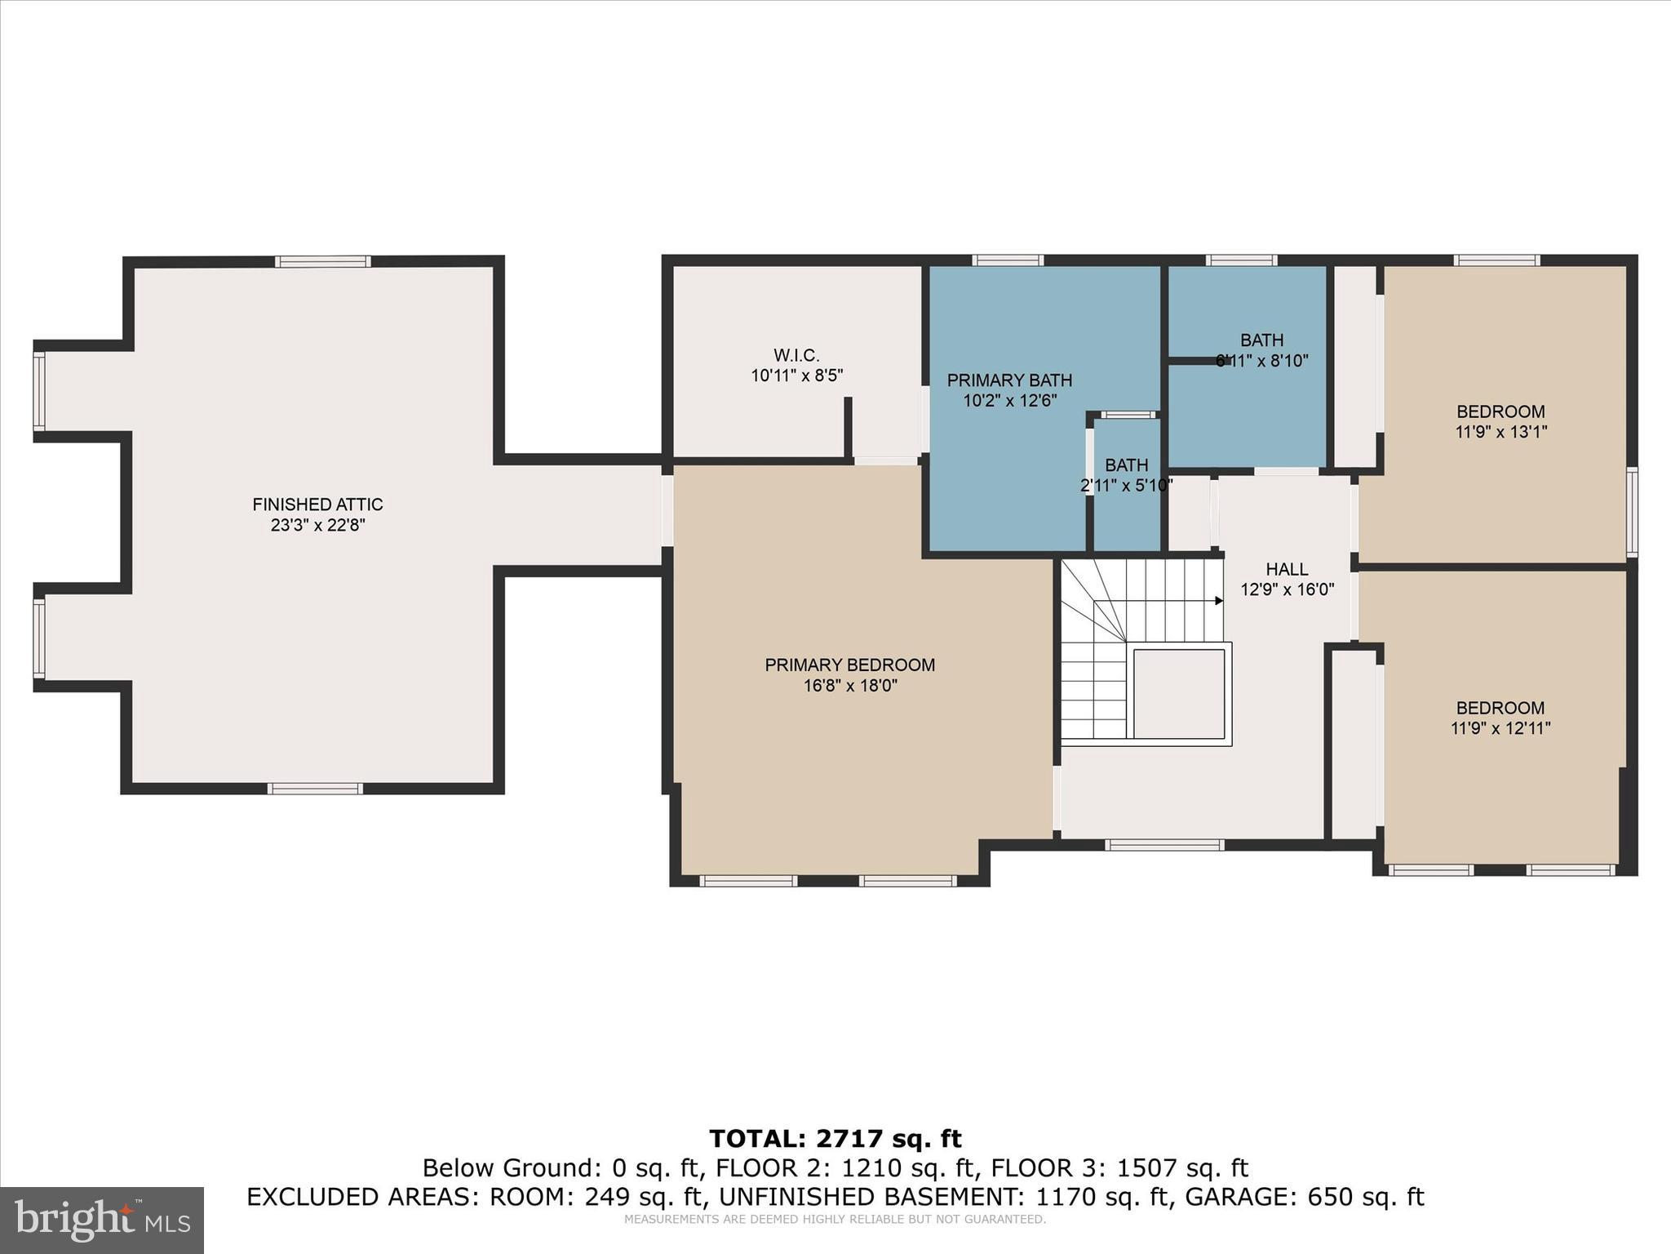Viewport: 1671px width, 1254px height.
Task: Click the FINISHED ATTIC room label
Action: click(317, 505)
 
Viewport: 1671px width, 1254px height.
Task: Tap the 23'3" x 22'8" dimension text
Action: click(317, 525)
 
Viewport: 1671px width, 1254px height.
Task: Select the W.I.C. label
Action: click(796, 355)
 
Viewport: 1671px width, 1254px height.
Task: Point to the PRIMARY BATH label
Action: click(1009, 380)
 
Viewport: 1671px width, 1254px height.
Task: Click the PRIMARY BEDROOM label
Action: click(849, 665)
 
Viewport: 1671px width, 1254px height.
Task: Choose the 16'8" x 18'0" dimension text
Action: click(850, 686)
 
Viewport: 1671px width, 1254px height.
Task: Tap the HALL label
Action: click(1287, 569)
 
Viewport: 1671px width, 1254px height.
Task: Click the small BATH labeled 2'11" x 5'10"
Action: click(1126, 465)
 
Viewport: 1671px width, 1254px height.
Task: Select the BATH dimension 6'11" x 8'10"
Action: click(1262, 361)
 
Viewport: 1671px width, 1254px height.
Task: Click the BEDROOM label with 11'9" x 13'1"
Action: click(1500, 411)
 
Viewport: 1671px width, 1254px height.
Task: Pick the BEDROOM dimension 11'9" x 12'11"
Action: click(1500, 728)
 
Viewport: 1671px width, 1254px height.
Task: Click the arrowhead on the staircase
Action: click(1219, 601)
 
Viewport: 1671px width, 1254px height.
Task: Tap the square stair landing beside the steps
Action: click(1179, 694)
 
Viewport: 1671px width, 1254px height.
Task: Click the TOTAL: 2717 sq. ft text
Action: click(835, 1139)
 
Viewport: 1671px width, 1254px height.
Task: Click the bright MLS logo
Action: click(102, 1220)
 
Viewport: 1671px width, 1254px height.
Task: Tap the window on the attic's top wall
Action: click(323, 262)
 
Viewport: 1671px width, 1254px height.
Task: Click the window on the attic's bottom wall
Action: click(315, 789)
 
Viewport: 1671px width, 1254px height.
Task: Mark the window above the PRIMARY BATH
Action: click(1008, 260)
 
